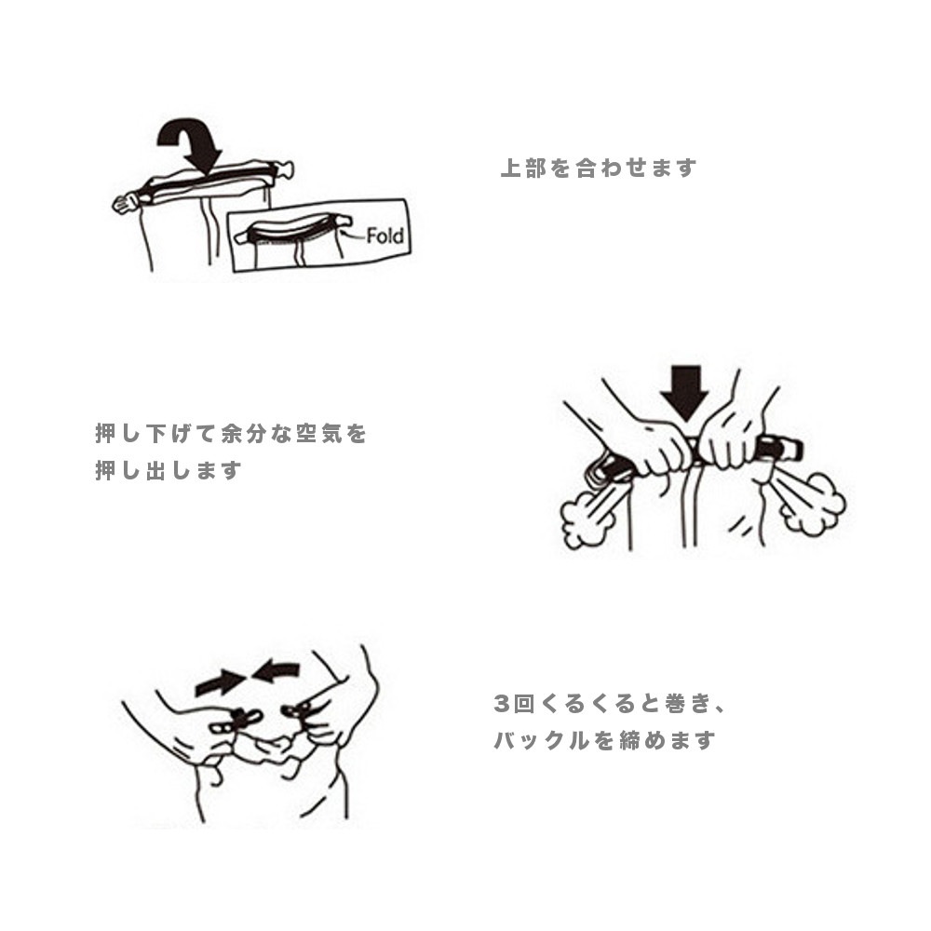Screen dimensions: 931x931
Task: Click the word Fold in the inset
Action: coord(385,236)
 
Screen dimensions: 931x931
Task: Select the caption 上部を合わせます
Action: coord(598,169)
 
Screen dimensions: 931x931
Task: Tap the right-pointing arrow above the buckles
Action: coord(216,683)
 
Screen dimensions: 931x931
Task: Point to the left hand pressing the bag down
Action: coord(652,447)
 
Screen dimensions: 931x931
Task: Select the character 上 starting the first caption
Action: coord(509,169)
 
